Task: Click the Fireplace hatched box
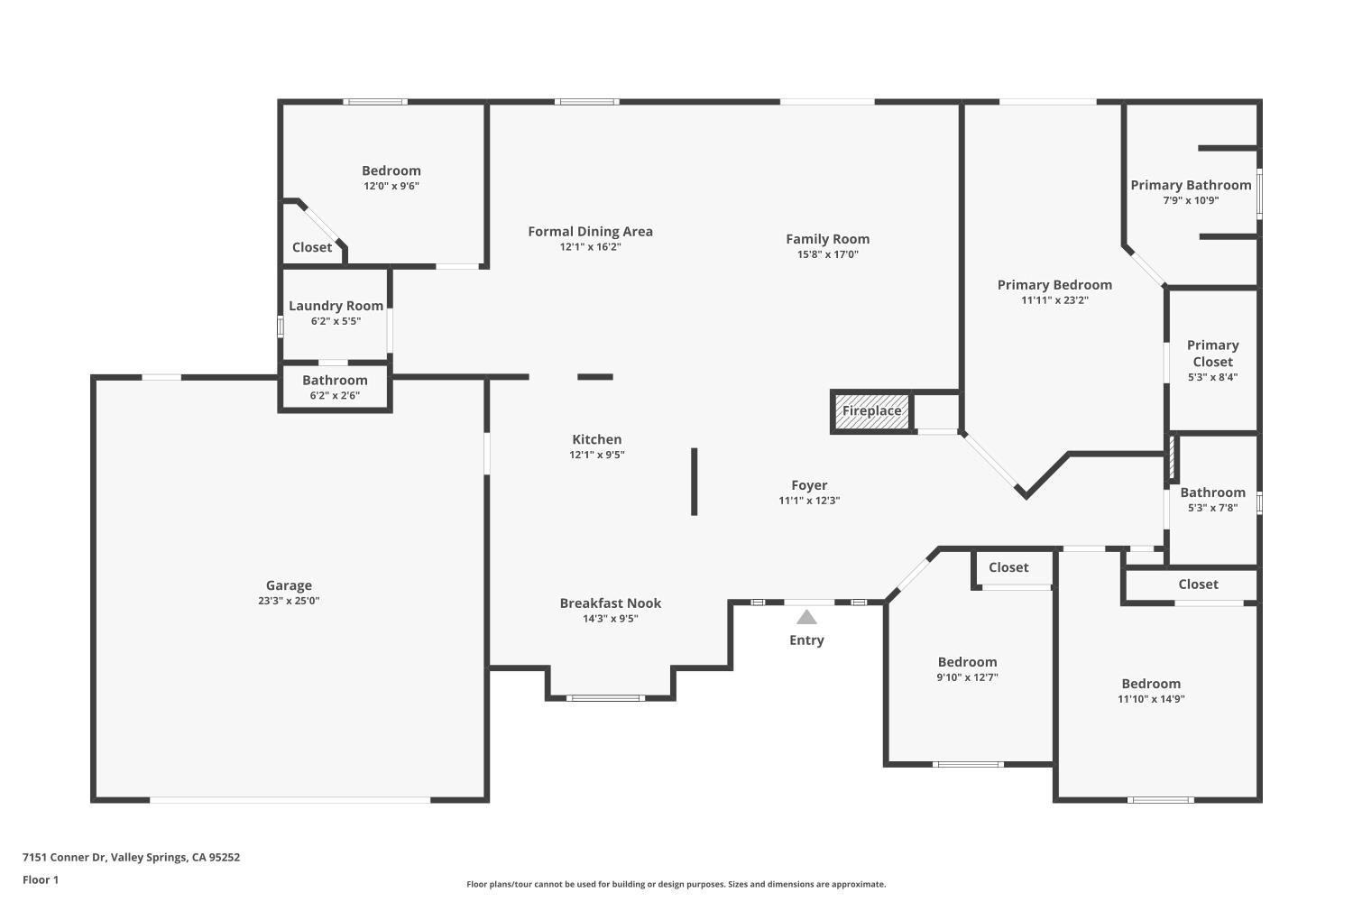[871, 411]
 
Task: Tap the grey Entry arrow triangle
[806, 617]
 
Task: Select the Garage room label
[289, 585]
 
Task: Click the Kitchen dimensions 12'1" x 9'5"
[596, 456]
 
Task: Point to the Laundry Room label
[336, 306]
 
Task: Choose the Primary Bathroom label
[1191, 185]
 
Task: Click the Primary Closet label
[1212, 353]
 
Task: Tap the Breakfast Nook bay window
[605, 697]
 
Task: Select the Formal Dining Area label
[590, 232]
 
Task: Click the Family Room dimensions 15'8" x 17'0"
[827, 254]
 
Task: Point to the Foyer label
[809, 485]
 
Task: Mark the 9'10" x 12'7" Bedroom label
[967, 662]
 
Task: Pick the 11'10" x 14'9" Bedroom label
[1151, 684]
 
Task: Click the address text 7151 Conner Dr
[131, 858]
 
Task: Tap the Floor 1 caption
[41, 879]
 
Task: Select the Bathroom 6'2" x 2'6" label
[335, 381]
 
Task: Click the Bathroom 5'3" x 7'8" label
[1212, 492]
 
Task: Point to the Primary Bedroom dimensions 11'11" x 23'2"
[1054, 300]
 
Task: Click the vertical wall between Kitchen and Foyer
[694, 482]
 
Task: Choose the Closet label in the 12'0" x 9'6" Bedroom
[312, 247]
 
